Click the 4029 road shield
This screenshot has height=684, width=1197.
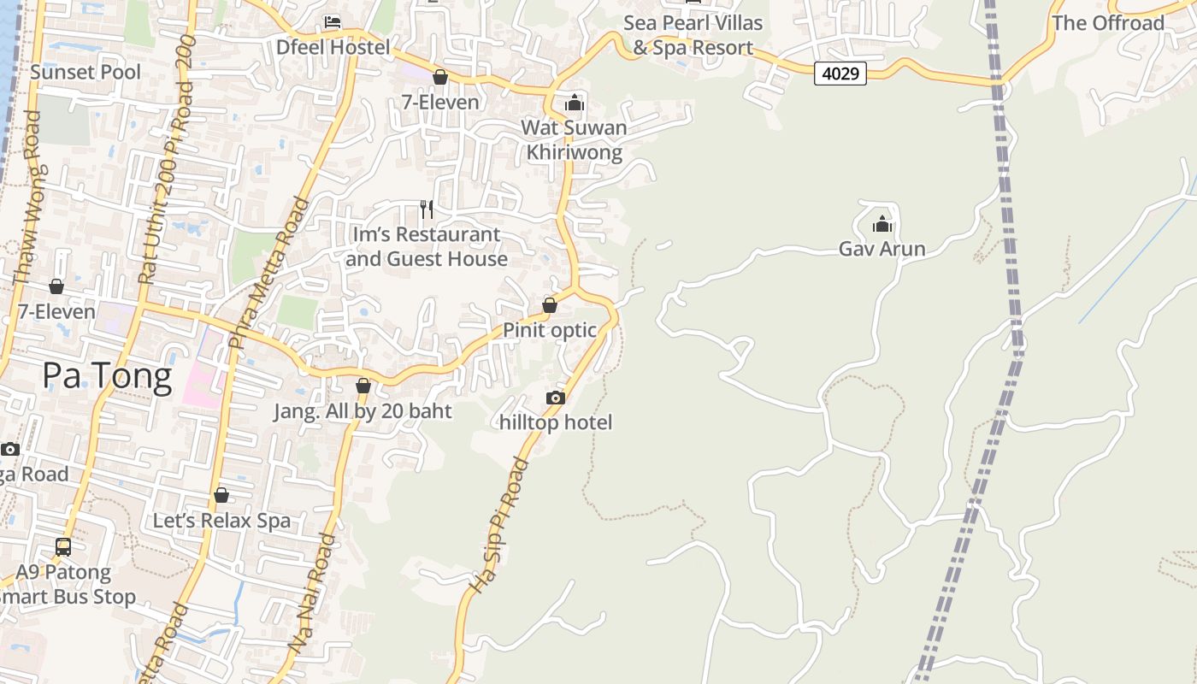840,74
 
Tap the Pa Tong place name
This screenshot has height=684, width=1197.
107,375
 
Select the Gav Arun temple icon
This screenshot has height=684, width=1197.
882,225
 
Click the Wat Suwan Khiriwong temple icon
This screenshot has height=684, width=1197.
575,103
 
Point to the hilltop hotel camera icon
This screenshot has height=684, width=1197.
555,398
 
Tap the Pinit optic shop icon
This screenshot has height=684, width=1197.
550,305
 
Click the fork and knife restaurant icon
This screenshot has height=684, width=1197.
427,209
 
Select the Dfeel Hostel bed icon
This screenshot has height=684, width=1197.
333,21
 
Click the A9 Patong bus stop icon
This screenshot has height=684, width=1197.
63,546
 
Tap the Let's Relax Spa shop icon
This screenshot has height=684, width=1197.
221,495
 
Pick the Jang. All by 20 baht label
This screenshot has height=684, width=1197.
363,411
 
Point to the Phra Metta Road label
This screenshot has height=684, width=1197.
269,272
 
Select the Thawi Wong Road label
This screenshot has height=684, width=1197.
27,221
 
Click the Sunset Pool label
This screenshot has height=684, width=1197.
85,72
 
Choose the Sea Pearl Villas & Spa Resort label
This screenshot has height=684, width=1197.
693,35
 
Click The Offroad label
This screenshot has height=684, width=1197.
1108,23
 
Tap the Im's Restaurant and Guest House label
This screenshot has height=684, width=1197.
427,246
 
